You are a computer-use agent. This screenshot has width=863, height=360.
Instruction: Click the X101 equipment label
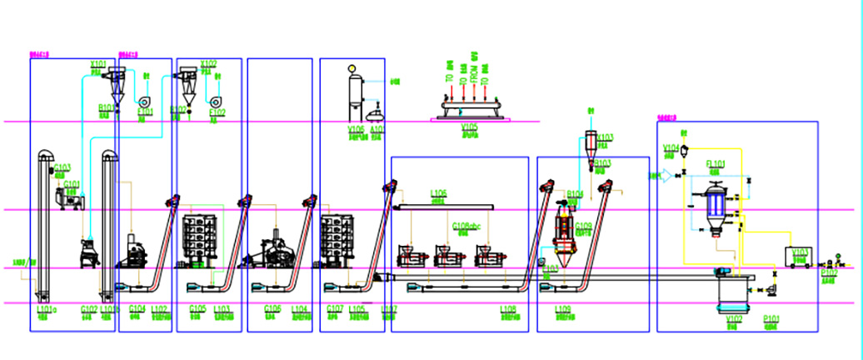(97, 62)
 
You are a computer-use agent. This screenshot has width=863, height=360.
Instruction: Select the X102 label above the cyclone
(208, 63)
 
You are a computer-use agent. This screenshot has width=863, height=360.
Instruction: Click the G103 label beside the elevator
(62, 167)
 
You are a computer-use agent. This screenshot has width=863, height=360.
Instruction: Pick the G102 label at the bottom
(88, 309)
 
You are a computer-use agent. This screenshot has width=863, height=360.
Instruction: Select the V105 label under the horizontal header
(470, 128)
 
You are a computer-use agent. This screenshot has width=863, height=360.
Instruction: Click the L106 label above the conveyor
(439, 193)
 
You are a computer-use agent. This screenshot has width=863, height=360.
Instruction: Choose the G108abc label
(465, 226)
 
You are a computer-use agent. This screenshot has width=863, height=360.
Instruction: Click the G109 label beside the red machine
(583, 226)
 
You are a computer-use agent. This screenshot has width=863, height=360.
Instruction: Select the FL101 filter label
(716, 164)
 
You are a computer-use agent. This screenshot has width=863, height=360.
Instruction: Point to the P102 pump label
(829, 272)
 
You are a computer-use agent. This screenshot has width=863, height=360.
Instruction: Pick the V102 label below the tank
(734, 317)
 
